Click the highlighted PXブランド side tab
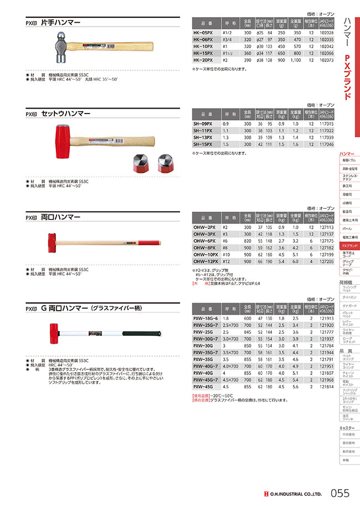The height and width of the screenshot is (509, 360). coord(349,245)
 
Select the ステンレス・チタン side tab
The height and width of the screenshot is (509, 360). coord(349,177)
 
